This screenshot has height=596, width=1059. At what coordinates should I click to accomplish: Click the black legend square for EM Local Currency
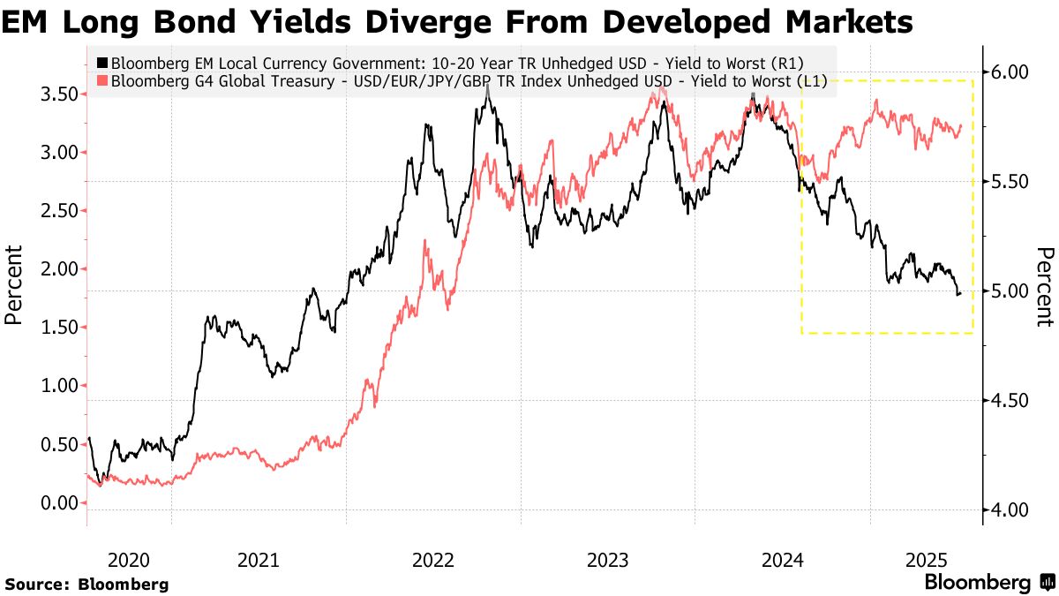tap(102, 64)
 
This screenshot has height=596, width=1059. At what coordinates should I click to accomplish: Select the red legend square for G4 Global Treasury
tap(102, 82)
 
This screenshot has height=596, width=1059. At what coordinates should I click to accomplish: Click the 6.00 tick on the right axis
tap(1007, 72)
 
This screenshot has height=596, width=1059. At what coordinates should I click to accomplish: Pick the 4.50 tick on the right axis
tap(1007, 401)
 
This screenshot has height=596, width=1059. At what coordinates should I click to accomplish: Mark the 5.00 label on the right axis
tap(1007, 291)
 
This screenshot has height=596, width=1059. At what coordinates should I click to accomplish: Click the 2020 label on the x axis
tap(128, 560)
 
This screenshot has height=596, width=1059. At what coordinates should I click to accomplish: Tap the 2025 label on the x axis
tap(927, 560)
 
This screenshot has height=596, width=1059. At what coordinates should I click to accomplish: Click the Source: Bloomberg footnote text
tap(86, 584)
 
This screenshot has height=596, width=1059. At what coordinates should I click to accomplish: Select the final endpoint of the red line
tap(961, 125)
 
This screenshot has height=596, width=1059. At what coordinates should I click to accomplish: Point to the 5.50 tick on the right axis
tap(1007, 181)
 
